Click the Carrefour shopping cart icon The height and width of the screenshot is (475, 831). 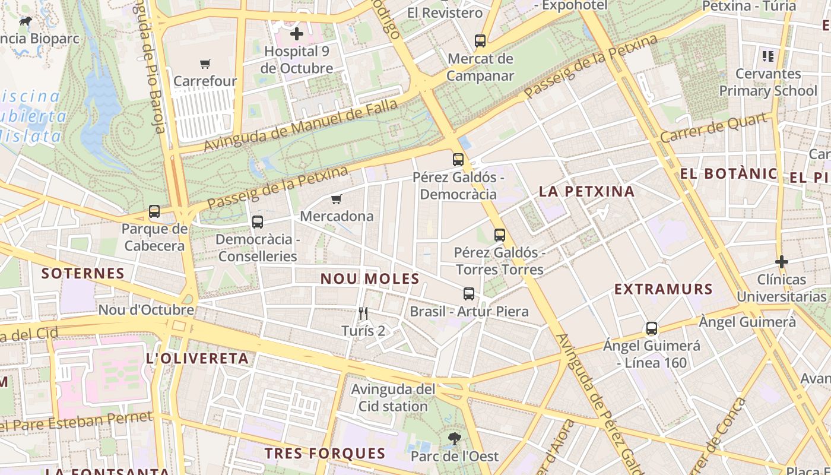coord(205,64)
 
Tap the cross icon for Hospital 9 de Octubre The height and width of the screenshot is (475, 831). coord(296,34)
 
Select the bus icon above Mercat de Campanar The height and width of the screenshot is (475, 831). coord(480,41)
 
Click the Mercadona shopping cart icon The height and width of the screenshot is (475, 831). coord(337,199)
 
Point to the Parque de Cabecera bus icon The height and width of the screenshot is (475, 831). coord(154,211)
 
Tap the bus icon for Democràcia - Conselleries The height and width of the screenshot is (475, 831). coord(257,222)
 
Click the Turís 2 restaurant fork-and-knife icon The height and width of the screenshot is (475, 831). coord(363,313)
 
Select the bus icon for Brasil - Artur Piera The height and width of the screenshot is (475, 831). coord(469,294)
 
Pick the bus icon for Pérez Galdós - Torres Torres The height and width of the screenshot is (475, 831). coord(500,235)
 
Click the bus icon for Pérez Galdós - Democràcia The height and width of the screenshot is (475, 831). coord(458,160)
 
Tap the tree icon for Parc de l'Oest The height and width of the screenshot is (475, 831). coord(455,439)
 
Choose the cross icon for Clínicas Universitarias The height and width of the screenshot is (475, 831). coord(782,261)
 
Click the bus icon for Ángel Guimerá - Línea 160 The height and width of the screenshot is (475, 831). coord(652,328)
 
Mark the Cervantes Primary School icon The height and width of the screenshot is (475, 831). coord(768,56)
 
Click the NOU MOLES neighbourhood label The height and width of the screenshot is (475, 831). coord(370,278)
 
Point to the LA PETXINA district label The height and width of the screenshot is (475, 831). coord(586,191)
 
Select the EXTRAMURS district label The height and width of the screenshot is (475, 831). coord(663,289)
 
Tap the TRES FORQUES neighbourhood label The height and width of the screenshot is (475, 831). coord(325,454)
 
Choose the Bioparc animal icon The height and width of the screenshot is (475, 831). coord(26,21)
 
